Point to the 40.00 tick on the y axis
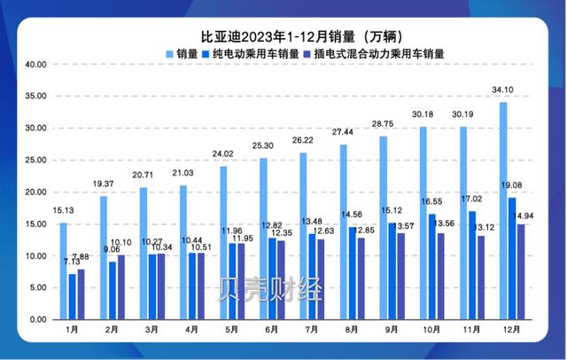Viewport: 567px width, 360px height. [35, 65]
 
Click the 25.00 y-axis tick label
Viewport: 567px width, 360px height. [35, 160]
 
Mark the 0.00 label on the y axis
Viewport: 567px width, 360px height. [38, 319]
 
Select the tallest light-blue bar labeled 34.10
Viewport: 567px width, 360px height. [503, 211]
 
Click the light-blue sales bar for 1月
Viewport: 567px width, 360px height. [64, 271]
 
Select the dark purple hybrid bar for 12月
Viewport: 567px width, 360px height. [522, 271]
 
